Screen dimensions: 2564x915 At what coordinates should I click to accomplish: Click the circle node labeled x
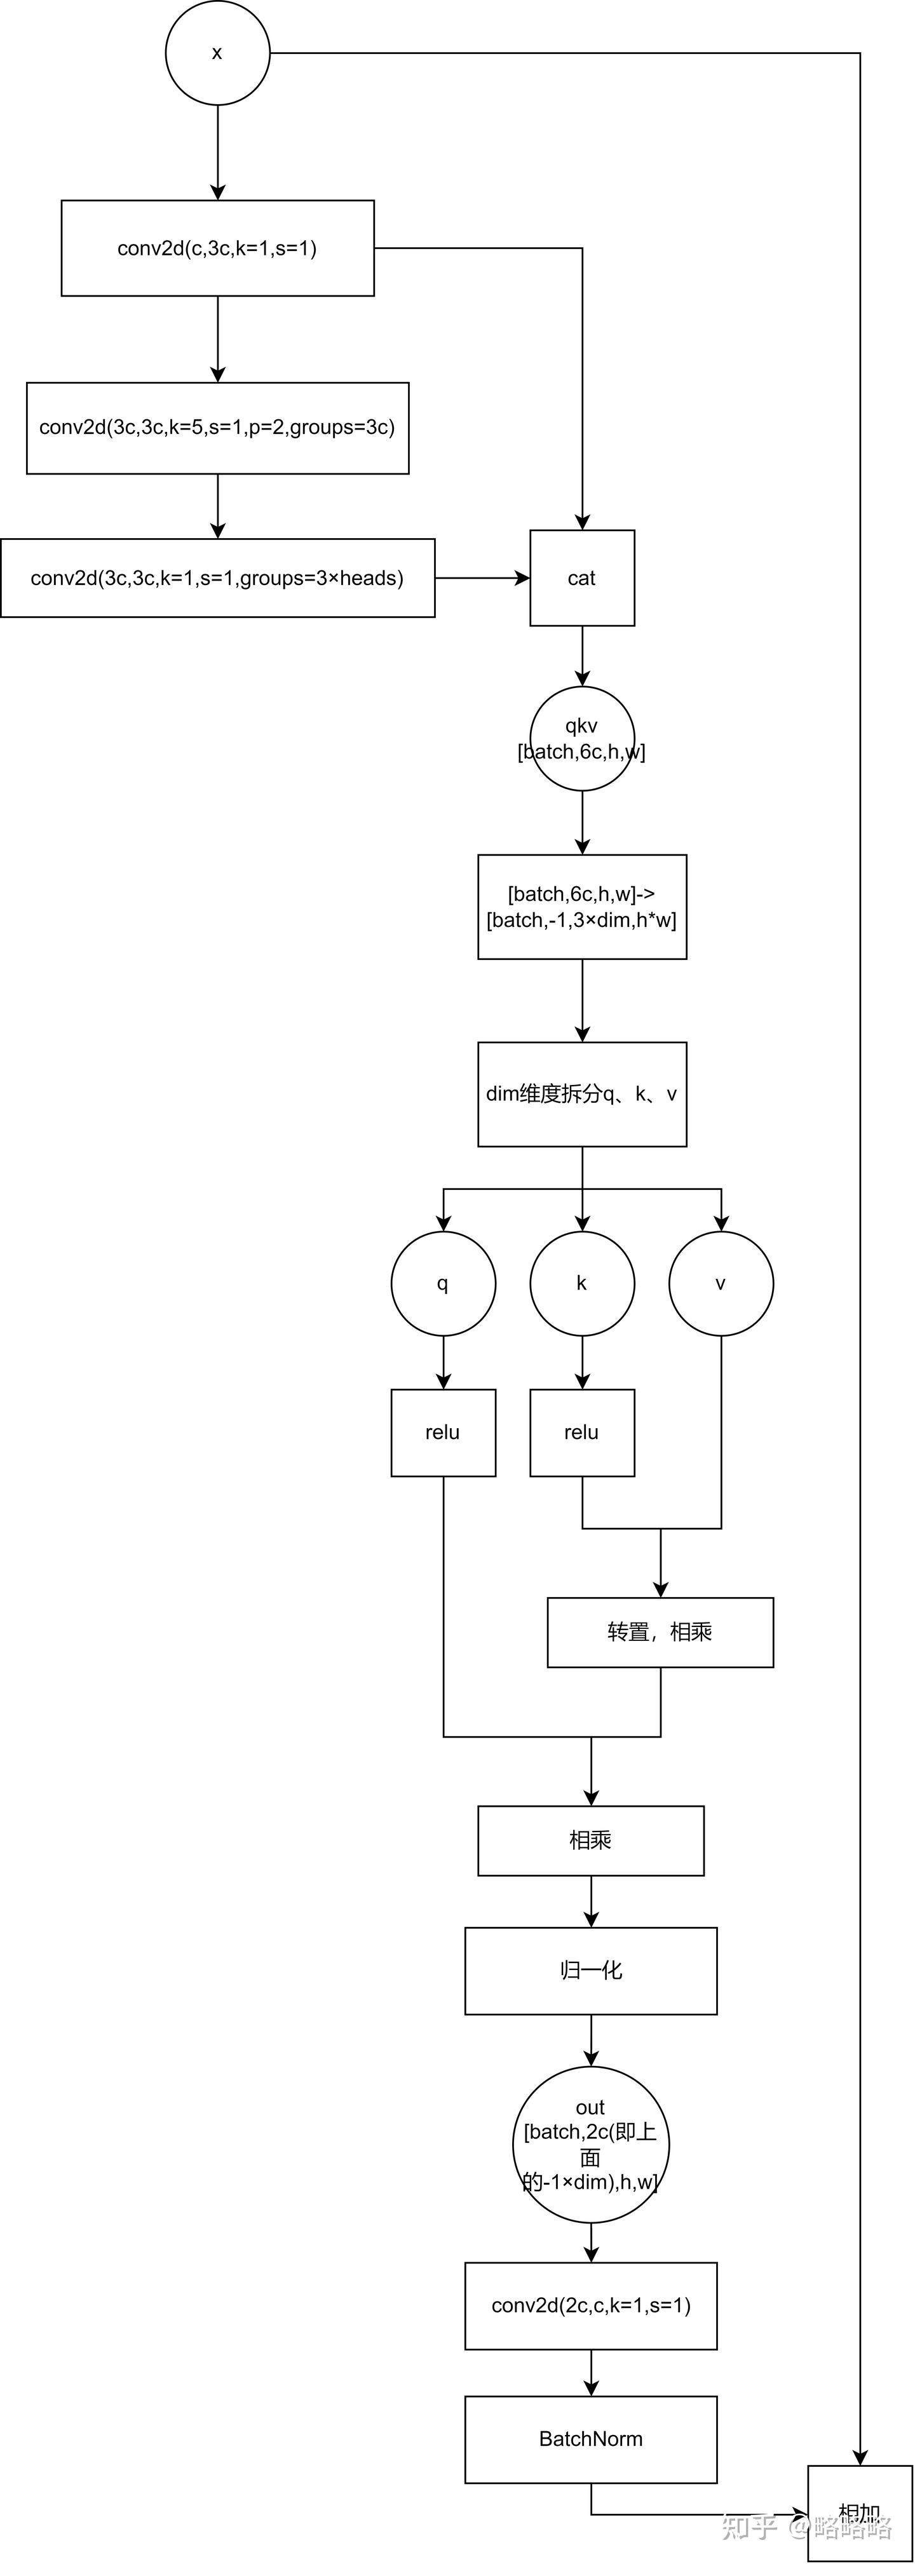tap(217, 53)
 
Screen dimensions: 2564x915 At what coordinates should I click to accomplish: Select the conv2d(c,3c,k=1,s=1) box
tap(217, 248)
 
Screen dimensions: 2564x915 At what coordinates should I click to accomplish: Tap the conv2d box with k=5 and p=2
tap(217, 428)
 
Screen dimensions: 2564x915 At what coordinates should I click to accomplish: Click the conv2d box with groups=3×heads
tap(217, 578)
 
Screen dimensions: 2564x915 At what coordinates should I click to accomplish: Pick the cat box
tap(581, 578)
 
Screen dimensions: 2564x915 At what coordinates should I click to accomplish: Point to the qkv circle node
tap(581, 739)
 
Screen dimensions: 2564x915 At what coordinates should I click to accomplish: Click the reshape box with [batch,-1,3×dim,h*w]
tap(581, 907)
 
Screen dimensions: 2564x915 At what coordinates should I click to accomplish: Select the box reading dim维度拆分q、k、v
tap(581, 1094)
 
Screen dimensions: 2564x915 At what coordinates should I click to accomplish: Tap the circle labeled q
tap(443, 1283)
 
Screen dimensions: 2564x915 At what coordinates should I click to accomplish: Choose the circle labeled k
tap(581, 1283)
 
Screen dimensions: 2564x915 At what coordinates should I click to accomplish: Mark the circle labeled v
tap(721, 1283)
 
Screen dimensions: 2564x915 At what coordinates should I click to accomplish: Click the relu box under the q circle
tap(443, 1433)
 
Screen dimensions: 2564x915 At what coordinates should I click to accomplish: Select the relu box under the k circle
tap(581, 1433)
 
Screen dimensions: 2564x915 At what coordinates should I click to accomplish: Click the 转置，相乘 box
tap(660, 1633)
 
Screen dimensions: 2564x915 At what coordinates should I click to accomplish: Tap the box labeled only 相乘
tap(590, 1840)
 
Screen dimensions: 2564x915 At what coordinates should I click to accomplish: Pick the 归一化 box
tap(590, 1971)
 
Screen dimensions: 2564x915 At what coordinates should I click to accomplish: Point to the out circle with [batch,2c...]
tap(590, 2144)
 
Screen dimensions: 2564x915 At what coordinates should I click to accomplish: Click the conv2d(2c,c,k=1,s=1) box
tap(590, 2305)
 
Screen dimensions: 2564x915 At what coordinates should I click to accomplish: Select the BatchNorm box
tap(590, 2439)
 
